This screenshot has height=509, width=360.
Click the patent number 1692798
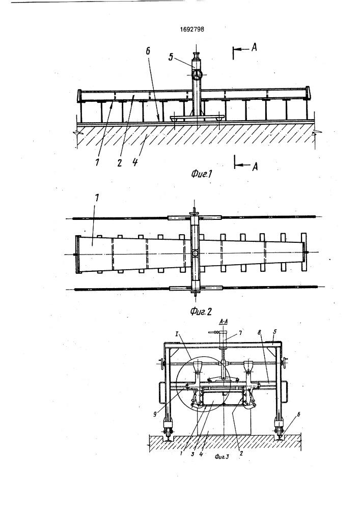192,29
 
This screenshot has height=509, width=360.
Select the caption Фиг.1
201,174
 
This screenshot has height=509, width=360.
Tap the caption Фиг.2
201,312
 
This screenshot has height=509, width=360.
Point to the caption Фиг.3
221,457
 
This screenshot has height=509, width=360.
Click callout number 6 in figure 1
148,51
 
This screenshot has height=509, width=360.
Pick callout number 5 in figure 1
171,58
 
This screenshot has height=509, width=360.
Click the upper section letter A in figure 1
254,47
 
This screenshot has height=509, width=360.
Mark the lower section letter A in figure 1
255,166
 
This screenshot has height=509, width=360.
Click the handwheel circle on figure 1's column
197,75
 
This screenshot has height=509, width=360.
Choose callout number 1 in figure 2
97,199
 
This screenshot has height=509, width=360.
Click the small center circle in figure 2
195,253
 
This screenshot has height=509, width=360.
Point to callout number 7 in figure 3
240,333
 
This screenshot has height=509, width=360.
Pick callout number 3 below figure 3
192,454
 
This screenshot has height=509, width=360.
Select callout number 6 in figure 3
299,414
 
